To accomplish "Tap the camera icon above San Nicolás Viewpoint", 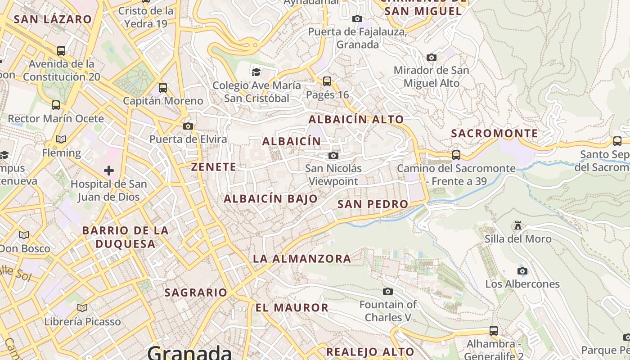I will click(x=333, y=156).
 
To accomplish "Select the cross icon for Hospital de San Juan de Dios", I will click(x=109, y=171).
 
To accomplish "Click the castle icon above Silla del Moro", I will click(x=518, y=225).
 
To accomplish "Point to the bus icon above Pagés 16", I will click(x=327, y=81).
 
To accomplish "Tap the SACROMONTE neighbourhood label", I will click(x=494, y=134).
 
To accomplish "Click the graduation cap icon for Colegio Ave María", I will click(x=256, y=72).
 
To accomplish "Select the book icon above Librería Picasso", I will click(x=82, y=308).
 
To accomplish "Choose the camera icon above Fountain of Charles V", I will click(x=387, y=292).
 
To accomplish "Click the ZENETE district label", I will click(x=214, y=167).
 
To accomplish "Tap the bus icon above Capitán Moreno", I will click(x=163, y=88).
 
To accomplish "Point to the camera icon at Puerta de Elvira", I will click(x=188, y=126).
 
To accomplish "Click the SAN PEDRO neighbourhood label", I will click(x=373, y=204).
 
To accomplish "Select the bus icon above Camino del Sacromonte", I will click(x=456, y=155).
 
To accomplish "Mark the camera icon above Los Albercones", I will click(x=522, y=271).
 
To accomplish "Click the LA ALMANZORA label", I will click(x=301, y=259).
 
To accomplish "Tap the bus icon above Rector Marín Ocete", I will click(x=56, y=105).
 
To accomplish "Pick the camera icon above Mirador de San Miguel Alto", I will click(x=431, y=58).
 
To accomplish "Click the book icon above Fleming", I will click(x=61, y=139).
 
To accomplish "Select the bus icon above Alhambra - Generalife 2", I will click(x=494, y=331).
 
